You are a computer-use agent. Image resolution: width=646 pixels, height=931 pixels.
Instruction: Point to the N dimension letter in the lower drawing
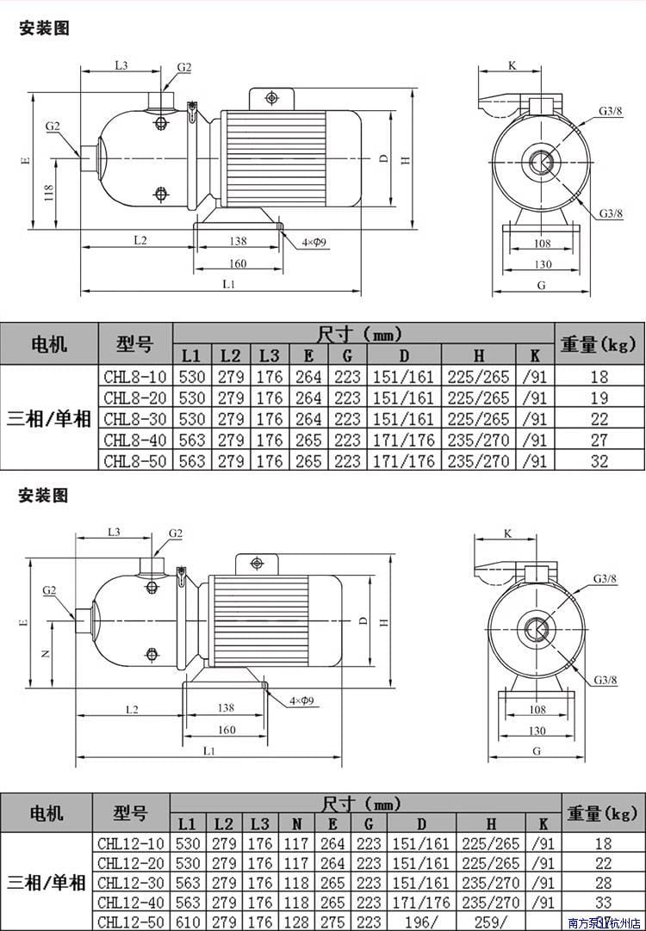46,654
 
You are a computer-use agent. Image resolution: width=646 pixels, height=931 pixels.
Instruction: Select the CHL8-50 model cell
136,461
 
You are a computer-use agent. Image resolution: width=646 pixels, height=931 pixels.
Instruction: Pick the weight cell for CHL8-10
599,376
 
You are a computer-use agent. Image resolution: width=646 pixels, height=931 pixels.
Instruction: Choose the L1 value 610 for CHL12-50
190,922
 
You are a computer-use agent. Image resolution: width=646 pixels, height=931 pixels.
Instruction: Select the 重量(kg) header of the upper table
598,344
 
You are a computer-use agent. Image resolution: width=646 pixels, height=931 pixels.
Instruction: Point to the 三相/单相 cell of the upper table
49,419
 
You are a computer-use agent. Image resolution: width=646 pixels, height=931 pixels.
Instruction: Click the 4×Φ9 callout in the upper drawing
313,244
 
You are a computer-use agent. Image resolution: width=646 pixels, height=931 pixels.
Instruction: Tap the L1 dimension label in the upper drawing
229,283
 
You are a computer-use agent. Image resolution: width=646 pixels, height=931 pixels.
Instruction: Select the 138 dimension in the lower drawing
225,708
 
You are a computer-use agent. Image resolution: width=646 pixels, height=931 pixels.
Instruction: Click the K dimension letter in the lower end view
507,533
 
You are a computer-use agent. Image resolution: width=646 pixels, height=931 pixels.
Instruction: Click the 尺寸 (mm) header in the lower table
362,805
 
